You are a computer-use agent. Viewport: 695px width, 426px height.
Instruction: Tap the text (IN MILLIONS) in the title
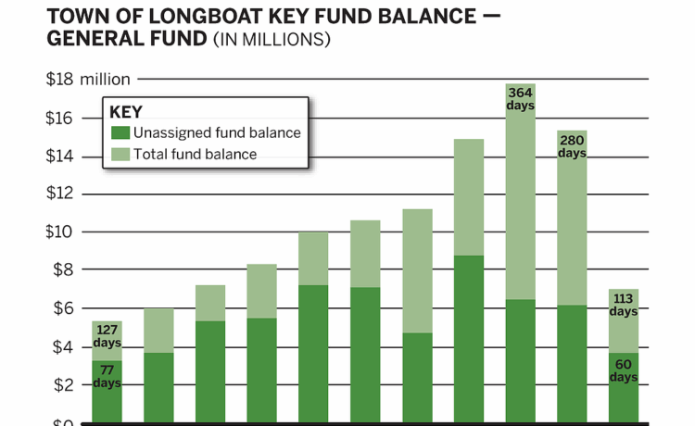(272, 40)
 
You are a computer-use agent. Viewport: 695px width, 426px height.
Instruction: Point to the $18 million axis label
(88, 80)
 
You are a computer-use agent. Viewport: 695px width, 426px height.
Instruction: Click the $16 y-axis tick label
(60, 119)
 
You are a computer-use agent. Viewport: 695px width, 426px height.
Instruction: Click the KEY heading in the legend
(126, 112)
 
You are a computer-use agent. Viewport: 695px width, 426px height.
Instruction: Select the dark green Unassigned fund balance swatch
(120, 132)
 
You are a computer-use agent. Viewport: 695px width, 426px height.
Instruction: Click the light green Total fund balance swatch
(120, 154)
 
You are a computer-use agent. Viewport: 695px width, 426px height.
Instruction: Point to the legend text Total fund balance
(196, 154)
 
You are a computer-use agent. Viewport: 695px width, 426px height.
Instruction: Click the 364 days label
(521, 98)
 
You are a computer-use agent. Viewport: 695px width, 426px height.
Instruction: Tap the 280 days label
(573, 145)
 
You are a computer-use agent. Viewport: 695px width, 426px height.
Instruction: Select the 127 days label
(107, 334)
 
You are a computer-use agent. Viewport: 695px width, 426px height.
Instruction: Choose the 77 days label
(107, 376)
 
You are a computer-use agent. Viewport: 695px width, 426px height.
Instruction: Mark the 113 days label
(624, 305)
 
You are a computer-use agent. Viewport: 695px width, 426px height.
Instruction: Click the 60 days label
(624, 370)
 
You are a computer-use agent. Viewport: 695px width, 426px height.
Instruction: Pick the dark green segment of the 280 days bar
(573, 361)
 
